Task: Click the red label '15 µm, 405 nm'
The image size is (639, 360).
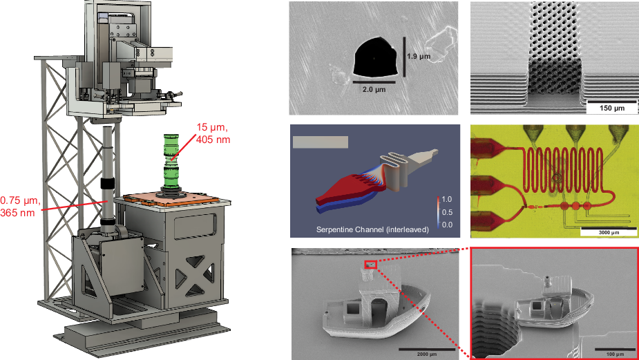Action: point(213,133)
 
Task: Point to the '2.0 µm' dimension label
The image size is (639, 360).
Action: point(374,89)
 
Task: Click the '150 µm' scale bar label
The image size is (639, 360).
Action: point(606,109)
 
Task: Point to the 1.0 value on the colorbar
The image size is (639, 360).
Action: point(448,198)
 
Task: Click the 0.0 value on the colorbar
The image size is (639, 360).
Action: point(448,224)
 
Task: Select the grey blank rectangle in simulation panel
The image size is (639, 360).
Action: point(320,142)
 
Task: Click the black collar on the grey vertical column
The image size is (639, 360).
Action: point(108,184)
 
